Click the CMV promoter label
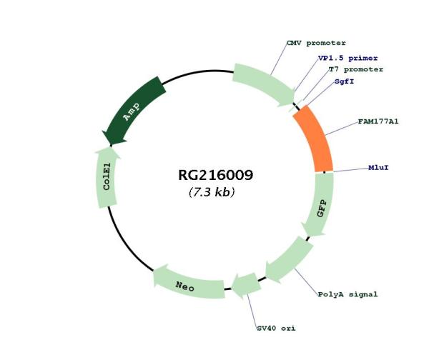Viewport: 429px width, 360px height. [x=315, y=44]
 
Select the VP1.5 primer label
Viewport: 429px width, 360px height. [x=347, y=58]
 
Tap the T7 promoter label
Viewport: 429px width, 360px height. [x=355, y=69]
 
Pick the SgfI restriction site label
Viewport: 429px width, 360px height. [x=344, y=81]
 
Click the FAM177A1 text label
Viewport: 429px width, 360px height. [x=378, y=121]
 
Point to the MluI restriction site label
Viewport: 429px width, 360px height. [x=378, y=168]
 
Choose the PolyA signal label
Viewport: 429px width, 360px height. [x=347, y=294]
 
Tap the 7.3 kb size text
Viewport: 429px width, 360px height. [x=212, y=192]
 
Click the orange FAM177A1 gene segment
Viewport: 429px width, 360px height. [x=315, y=139]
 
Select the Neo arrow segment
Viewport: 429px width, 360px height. [x=187, y=284]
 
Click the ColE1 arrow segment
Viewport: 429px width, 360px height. [x=106, y=178]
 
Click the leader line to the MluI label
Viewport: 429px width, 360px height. [x=350, y=169]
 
